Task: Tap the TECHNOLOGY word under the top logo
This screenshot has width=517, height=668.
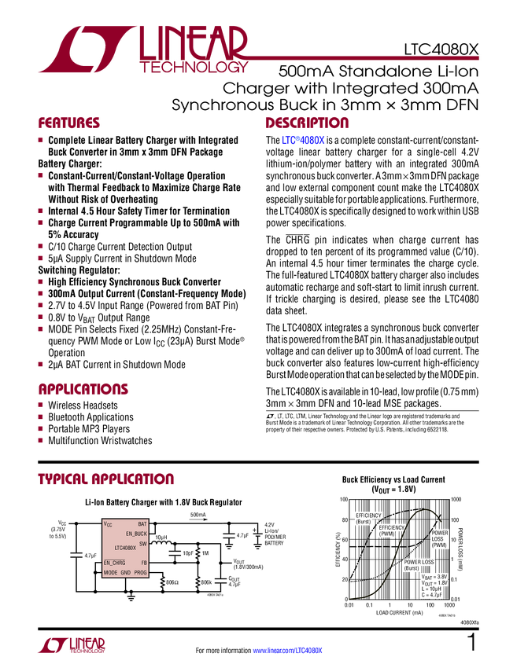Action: pos(194,69)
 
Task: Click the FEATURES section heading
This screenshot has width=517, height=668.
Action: pos(69,123)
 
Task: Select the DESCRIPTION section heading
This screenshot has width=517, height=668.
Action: pos(307,123)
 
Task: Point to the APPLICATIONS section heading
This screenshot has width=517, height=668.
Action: pos(83,389)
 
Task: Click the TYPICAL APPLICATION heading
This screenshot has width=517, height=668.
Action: pos(105,479)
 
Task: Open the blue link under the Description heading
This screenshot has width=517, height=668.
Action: pos(304,141)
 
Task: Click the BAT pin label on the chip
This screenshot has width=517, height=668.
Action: pos(142,523)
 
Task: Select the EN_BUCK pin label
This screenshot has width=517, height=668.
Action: pos(135,534)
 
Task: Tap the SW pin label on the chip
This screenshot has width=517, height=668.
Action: pos(142,543)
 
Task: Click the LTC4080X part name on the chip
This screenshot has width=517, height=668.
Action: pos(125,548)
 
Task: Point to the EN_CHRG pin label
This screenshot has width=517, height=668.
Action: pos(115,563)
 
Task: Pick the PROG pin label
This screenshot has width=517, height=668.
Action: pos(140,573)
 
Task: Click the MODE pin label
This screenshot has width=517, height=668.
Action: pos(110,573)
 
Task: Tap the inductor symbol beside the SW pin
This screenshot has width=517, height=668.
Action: pos(161,544)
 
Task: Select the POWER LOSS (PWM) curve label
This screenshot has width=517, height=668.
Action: pos(440,539)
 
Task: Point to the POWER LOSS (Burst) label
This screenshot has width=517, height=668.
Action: pos(419,564)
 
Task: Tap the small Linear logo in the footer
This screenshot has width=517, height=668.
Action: pos(72,644)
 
